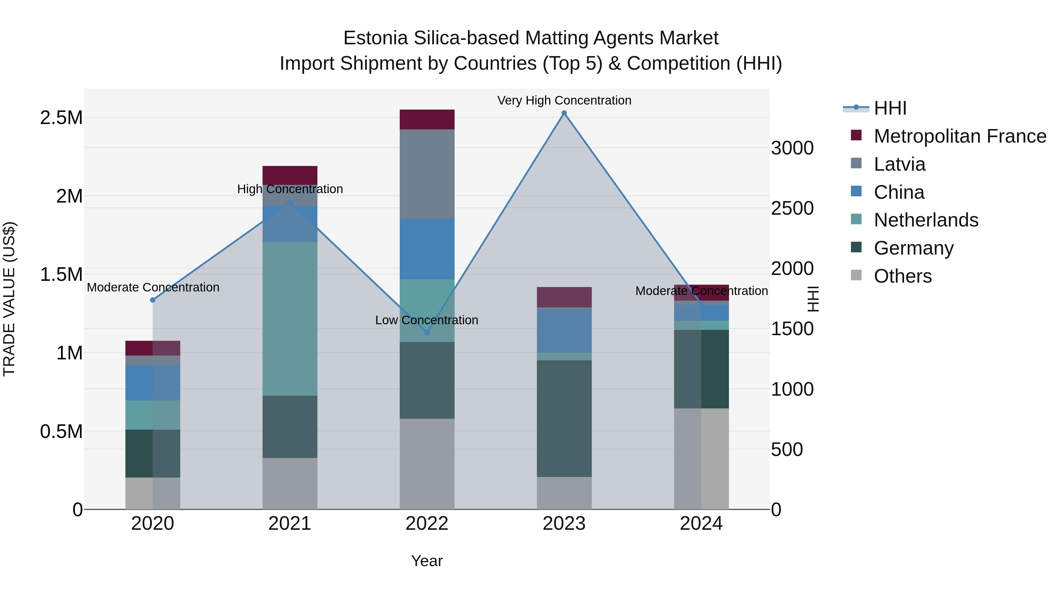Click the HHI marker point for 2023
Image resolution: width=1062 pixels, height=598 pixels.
(564, 113)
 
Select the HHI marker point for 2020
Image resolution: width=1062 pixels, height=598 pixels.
(153, 300)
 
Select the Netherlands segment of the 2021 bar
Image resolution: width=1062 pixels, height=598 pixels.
(290, 319)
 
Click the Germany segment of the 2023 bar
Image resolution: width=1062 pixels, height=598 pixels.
(564, 418)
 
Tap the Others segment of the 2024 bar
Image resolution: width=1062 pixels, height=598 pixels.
(701, 459)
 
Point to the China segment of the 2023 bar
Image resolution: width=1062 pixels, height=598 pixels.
(564, 330)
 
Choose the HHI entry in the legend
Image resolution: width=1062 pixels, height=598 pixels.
(890, 108)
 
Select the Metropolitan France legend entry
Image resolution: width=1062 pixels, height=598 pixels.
(959, 136)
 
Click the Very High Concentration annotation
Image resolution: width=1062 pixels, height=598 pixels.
(564, 100)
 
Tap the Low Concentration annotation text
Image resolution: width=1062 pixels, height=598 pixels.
(427, 320)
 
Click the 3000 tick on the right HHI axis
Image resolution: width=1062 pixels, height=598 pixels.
(792, 148)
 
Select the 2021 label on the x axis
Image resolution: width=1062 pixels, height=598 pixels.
(290, 524)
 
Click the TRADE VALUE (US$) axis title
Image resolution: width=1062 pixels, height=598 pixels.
(9, 299)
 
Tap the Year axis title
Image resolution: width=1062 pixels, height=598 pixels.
(427, 561)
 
